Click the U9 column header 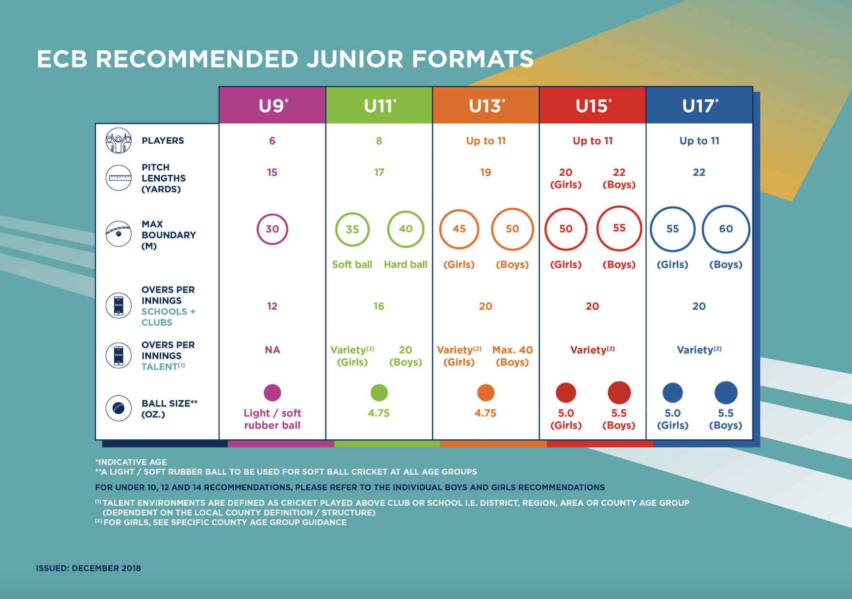(273, 105)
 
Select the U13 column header (486, 105)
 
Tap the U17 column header (699, 105)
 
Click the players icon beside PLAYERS (119, 141)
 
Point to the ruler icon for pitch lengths (119, 178)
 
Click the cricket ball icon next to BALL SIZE (119, 408)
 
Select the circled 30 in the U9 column (273, 229)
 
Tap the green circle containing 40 (406, 229)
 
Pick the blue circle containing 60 (726, 229)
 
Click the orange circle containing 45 (459, 229)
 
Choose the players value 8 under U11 (379, 141)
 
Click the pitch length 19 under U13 (486, 172)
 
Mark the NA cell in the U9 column (273, 350)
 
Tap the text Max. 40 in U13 (512, 350)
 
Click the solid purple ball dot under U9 (273, 393)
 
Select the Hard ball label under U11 (406, 265)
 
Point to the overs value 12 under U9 (272, 306)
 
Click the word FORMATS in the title (473, 59)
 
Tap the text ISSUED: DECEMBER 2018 (88, 568)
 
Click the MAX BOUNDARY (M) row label (168, 235)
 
